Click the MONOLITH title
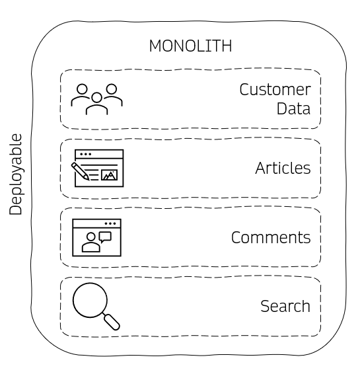pos(190,46)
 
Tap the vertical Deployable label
pos(16,174)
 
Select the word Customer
pos(275,90)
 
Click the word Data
pos(293,109)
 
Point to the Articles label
pos(283,169)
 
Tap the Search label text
pos(285,307)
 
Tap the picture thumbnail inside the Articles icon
pos(110,175)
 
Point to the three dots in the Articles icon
pos(85,155)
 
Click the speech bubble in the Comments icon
pos(104,236)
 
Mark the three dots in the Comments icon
pos(110,223)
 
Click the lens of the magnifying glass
pos(89,300)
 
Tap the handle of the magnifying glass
pos(112,322)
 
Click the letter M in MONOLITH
pos(155,46)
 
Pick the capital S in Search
pos(265,307)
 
